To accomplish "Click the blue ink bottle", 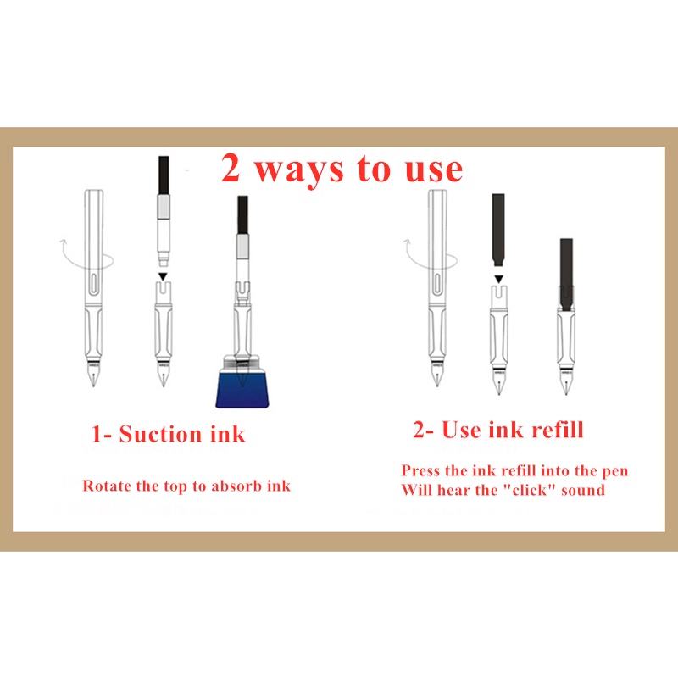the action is tap(242, 382).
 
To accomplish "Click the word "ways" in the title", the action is tap(298, 169).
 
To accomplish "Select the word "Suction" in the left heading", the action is tap(161, 434).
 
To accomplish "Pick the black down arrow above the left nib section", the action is tap(163, 277).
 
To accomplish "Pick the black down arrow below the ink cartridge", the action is tap(498, 280).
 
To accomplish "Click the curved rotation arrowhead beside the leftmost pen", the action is tap(63, 242).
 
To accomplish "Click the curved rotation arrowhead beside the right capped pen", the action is tap(407, 242).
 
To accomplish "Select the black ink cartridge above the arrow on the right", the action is tap(498, 230).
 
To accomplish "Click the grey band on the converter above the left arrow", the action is tap(164, 207).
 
